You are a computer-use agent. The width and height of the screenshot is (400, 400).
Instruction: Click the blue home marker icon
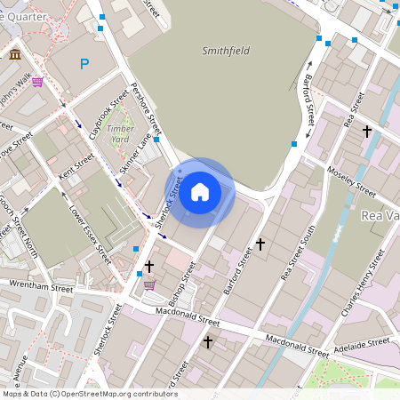point(200,192)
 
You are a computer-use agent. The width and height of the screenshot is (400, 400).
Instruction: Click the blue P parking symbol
point(84,64)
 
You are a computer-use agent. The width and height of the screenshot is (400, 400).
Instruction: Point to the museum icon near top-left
point(16,56)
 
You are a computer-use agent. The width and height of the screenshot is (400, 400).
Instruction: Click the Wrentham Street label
point(40,286)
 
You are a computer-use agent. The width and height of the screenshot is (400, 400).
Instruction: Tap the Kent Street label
point(76,165)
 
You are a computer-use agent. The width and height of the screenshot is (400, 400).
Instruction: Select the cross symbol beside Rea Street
point(366,132)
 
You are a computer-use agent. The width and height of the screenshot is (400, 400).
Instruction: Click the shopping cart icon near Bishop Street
point(149,285)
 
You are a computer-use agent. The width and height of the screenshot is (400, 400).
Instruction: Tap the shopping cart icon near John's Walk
point(37,83)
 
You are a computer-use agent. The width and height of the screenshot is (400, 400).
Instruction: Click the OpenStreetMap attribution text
point(90,394)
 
